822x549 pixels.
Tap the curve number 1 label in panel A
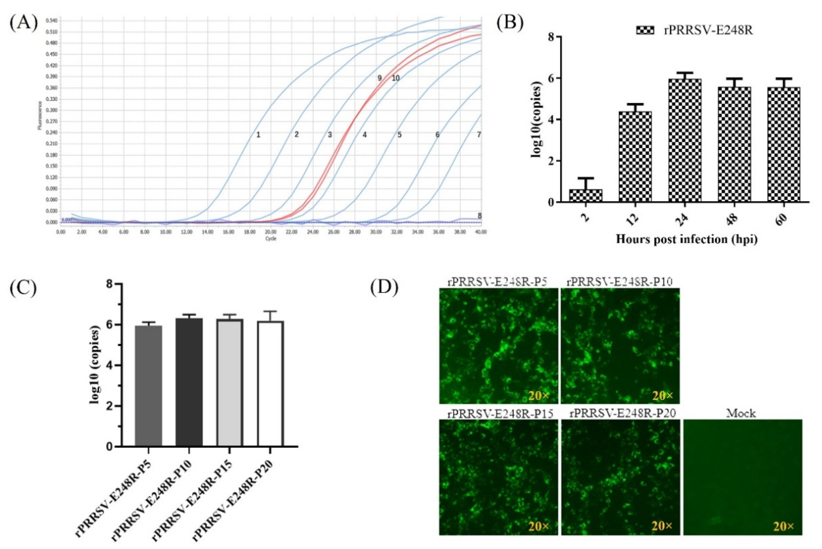(258, 135)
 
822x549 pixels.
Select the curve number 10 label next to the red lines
(395, 78)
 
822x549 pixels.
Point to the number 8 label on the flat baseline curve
(480, 216)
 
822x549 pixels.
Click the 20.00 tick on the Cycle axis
(271, 232)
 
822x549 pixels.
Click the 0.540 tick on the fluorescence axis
(52, 21)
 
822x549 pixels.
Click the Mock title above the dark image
(741, 414)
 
